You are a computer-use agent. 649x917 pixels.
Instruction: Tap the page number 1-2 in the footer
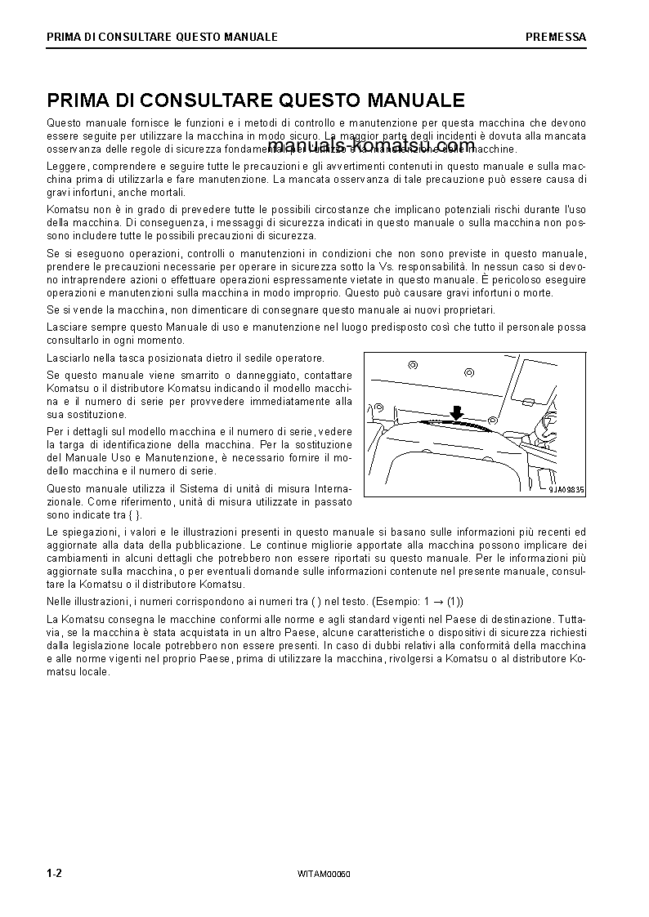click(x=55, y=873)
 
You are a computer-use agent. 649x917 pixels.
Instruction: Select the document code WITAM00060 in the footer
click(x=324, y=874)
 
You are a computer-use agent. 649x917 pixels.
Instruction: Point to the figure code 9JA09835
click(x=566, y=490)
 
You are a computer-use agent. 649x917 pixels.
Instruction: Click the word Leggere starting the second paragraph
click(x=66, y=167)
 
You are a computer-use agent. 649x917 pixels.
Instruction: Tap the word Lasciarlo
click(x=70, y=358)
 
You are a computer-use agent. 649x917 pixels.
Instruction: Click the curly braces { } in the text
click(x=135, y=514)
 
